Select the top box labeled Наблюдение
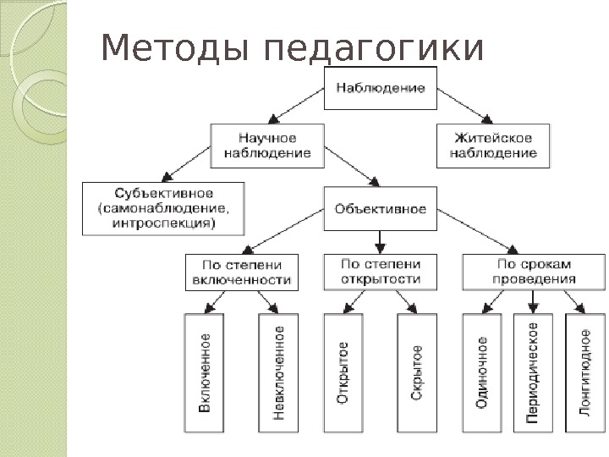(381, 87)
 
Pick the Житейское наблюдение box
(493, 145)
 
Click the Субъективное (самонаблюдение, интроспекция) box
(162, 208)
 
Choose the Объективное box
(381, 208)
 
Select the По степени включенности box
(242, 271)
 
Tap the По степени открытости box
(380, 271)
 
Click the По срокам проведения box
(518, 271)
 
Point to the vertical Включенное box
(206, 372)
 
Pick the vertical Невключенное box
(278, 372)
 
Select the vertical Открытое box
(343, 372)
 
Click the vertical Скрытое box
(417, 372)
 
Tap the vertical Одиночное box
(482, 372)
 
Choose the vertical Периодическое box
(533, 372)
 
